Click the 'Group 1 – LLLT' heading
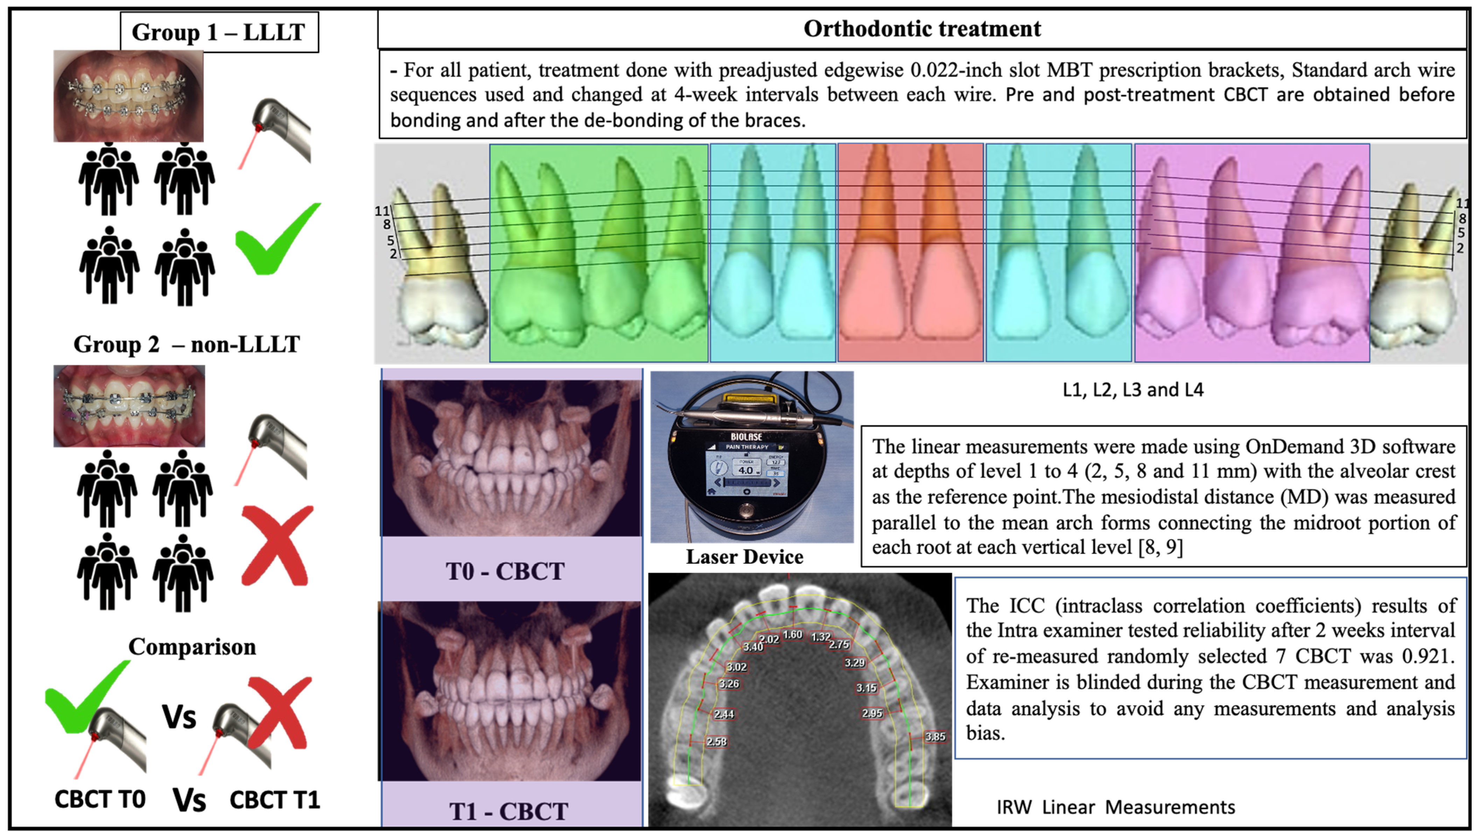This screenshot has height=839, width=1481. (x=218, y=32)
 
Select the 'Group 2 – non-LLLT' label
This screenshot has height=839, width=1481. (x=187, y=344)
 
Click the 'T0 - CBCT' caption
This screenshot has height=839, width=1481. (x=505, y=571)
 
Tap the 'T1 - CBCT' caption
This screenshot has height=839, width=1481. (x=508, y=811)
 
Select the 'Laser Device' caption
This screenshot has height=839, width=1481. (x=744, y=557)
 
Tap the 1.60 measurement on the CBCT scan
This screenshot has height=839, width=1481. (x=792, y=635)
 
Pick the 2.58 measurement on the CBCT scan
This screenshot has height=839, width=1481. (x=717, y=742)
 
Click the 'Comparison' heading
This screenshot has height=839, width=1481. (x=192, y=646)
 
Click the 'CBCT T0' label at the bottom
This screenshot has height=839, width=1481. (x=100, y=799)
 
